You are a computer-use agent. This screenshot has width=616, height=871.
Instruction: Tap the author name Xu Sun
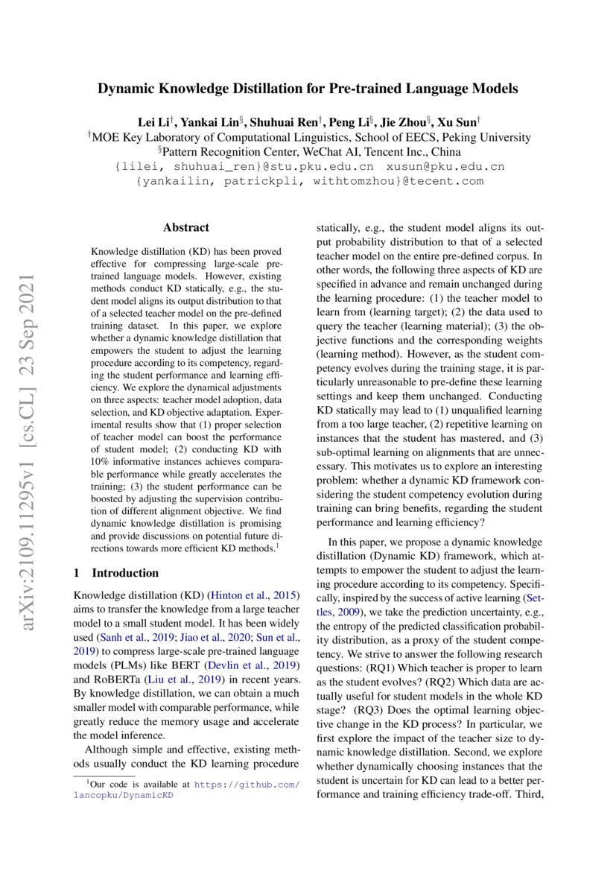click(x=456, y=121)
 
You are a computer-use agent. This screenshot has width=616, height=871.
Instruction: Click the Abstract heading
click(x=186, y=227)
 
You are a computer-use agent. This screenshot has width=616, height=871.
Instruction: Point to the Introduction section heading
click(x=124, y=573)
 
